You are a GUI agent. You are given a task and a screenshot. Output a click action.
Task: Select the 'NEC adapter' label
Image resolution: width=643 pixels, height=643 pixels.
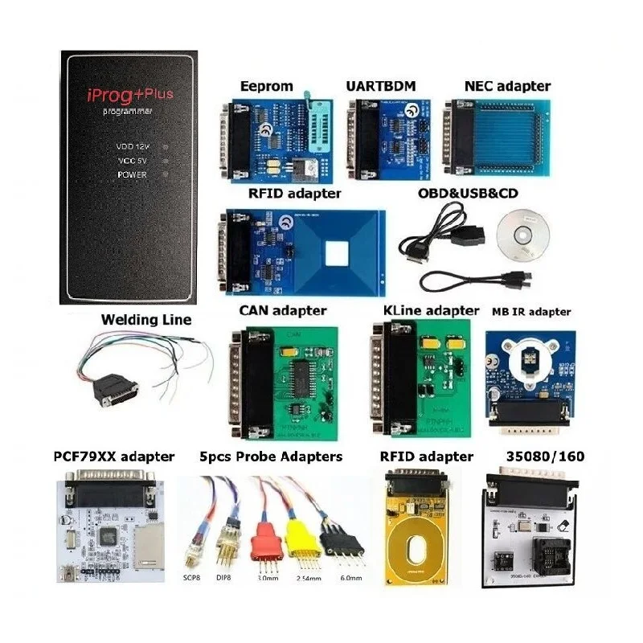point(507,86)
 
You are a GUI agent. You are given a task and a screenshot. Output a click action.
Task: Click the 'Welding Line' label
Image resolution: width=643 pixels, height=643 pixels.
point(146,320)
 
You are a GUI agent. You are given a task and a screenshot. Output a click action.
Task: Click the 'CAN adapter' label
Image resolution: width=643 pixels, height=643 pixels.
point(283,310)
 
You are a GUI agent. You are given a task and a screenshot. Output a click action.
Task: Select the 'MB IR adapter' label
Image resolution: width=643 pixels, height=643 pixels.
point(530,311)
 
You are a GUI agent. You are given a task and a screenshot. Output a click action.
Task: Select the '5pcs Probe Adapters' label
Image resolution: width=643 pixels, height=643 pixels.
point(270,457)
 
